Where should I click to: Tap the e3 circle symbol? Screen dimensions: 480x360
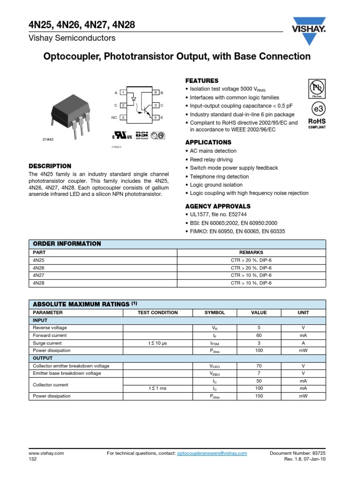pyautogui.click(x=317, y=109)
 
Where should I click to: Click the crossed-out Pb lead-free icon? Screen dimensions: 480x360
pyautogui.click(x=316, y=88)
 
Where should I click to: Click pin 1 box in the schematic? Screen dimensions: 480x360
pyautogui.click(x=122, y=93)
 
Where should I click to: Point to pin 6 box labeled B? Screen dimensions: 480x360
pyautogui.click(x=156, y=93)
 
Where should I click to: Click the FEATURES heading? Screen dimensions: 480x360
pyautogui.click(x=202, y=81)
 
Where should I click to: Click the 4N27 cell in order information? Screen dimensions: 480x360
pyautogui.click(x=38, y=275)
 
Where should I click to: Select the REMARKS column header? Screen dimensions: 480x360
pyautogui.click(x=251, y=252)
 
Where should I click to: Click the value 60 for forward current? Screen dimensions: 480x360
pyautogui.click(x=259, y=335)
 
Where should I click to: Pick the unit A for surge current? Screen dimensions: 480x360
pyautogui.click(x=303, y=343)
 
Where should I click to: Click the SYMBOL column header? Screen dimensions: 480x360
pyautogui.click(x=215, y=312)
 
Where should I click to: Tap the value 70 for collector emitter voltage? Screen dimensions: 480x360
pyautogui.click(x=259, y=366)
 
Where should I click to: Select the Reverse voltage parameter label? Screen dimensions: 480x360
pyautogui.click(x=50, y=328)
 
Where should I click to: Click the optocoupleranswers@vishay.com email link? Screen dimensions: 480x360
pyautogui.click(x=211, y=453)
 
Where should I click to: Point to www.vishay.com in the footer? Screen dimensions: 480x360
pyautogui.click(x=46, y=453)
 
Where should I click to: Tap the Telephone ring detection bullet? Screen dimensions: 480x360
pyautogui.click(x=219, y=177)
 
